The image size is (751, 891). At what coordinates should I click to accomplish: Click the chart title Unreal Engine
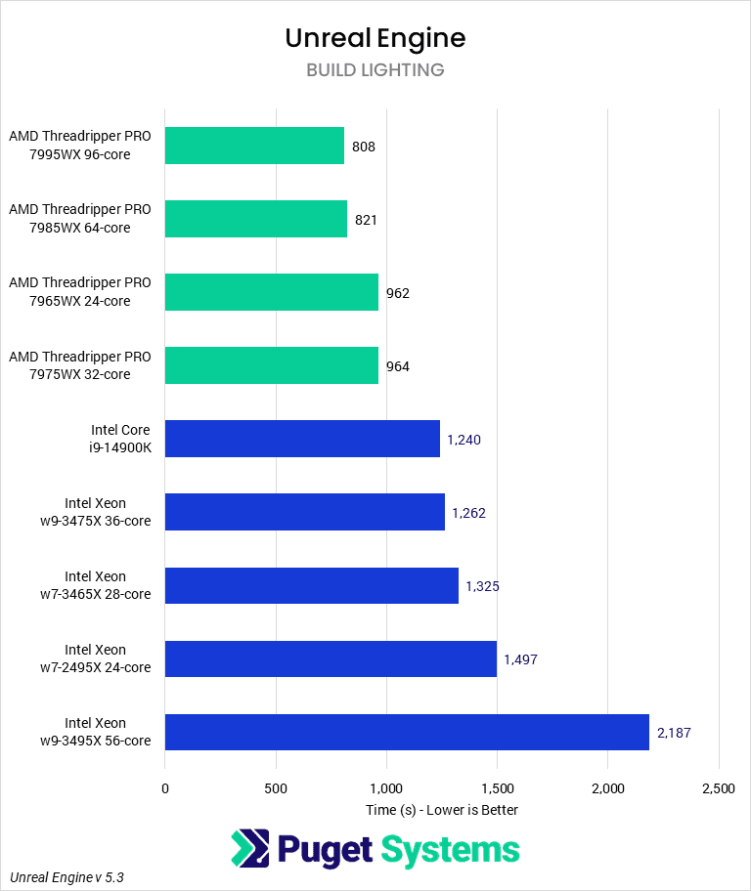375,37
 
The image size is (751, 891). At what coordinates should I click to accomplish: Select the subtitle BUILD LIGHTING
375,70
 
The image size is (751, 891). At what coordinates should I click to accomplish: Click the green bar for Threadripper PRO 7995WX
254,146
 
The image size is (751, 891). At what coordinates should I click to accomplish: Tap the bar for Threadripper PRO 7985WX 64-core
256,219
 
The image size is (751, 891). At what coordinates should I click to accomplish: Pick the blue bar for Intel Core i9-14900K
302,439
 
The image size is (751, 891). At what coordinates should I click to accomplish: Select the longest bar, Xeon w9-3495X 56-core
407,732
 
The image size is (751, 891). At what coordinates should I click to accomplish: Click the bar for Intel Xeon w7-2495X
331,658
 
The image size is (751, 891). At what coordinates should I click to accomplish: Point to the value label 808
364,147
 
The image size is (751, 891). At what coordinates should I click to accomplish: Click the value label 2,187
675,733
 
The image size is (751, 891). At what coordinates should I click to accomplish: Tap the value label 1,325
482,586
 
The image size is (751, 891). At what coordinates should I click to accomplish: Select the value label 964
397,366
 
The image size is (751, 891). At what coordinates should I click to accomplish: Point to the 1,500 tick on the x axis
497,787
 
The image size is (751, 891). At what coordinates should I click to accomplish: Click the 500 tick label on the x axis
276,787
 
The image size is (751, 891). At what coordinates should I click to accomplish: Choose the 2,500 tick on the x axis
718,787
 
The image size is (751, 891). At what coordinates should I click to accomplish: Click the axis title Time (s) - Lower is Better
442,810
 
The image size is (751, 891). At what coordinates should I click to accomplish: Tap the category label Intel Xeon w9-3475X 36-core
96,512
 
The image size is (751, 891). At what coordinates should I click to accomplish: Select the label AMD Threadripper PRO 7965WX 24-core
80,292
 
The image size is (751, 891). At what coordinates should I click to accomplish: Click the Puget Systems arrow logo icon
249,849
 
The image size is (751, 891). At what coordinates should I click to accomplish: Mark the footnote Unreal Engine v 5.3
66,877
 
